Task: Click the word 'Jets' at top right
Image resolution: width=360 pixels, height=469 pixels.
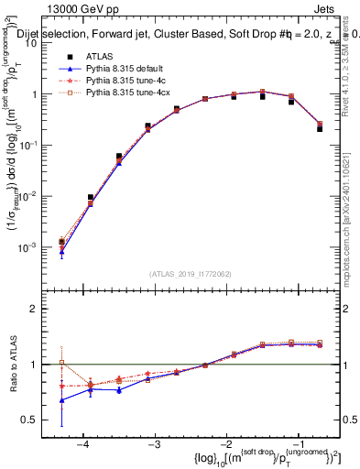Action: [327, 8]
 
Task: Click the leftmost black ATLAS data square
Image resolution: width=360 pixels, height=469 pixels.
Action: [61, 242]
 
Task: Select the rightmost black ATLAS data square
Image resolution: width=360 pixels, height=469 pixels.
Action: [320, 128]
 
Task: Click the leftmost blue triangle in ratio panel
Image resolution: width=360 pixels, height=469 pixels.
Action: [61, 400]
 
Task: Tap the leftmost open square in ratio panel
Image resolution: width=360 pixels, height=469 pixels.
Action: [61, 363]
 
